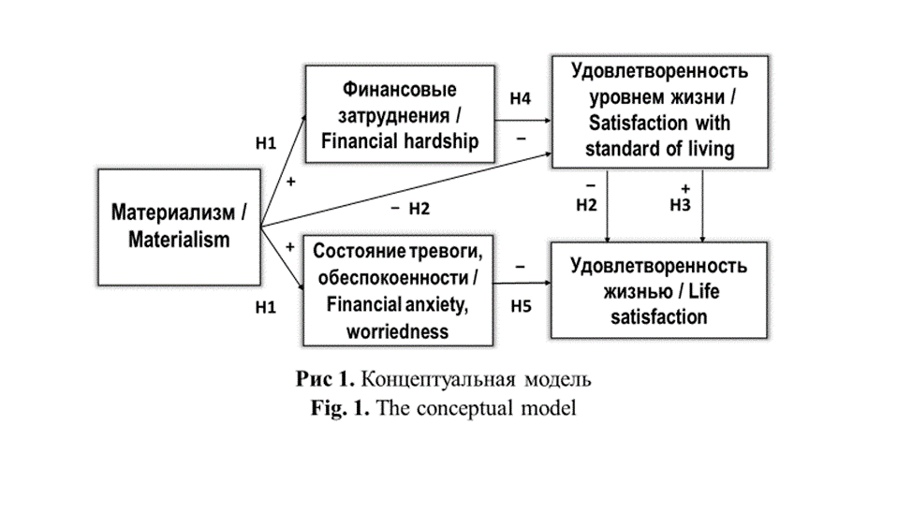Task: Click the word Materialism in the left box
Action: click(178, 240)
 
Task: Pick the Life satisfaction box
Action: click(658, 289)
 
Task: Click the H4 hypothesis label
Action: click(521, 97)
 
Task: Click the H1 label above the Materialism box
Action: click(267, 143)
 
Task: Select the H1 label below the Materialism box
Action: click(267, 306)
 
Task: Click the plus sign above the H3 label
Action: click(684, 187)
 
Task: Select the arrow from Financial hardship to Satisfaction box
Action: click(522, 120)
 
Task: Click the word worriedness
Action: click(397, 331)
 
